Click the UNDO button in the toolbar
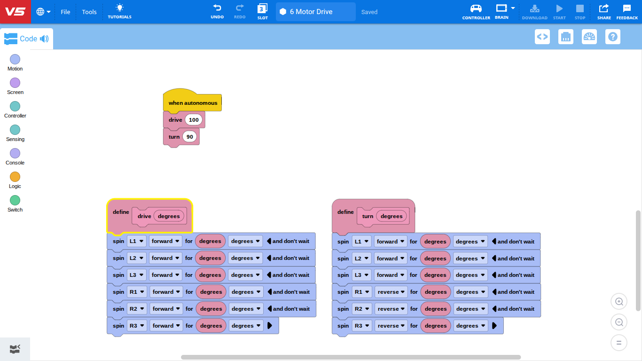pyautogui.click(x=217, y=11)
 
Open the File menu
pyautogui.click(x=65, y=12)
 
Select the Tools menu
pyautogui.click(x=89, y=12)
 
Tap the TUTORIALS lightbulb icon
pyautogui.click(x=119, y=8)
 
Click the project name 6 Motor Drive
pyautogui.click(x=311, y=12)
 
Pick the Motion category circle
pyautogui.click(x=15, y=59)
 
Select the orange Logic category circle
pyautogui.click(x=15, y=177)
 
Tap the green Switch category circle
pyautogui.click(x=15, y=200)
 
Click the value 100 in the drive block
pyautogui.click(x=194, y=120)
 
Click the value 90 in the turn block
pyautogui.click(x=189, y=137)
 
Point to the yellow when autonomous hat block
pyautogui.click(x=192, y=101)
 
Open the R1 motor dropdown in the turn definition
pyautogui.click(x=362, y=292)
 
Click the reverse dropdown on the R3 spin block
pyautogui.click(x=391, y=326)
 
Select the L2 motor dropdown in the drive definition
pyautogui.click(x=136, y=258)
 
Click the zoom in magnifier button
pyautogui.click(x=619, y=302)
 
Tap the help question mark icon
pyautogui.click(x=613, y=37)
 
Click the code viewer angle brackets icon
pyautogui.click(x=542, y=37)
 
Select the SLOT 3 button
pyautogui.click(x=262, y=11)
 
